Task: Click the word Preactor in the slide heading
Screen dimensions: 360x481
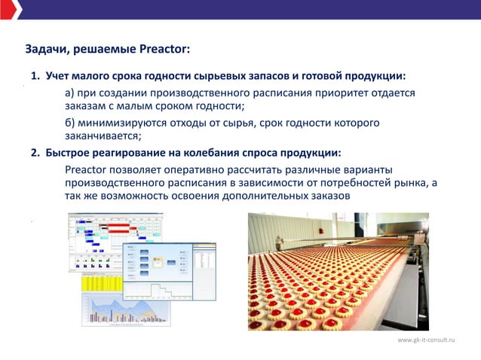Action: (164, 50)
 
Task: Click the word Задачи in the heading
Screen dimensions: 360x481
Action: (47, 50)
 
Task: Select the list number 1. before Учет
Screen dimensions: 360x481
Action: (35, 77)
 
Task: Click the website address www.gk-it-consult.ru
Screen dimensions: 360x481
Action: (427, 341)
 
